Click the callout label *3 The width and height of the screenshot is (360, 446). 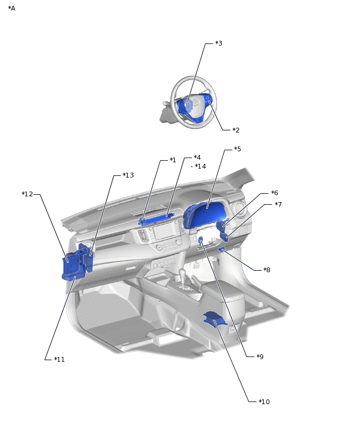(x=219, y=43)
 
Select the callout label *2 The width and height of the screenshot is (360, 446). (x=236, y=130)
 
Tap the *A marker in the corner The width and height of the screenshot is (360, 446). (x=12, y=8)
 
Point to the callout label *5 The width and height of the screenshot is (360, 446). (x=238, y=149)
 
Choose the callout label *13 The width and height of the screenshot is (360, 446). (x=128, y=175)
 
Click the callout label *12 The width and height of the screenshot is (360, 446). (x=27, y=194)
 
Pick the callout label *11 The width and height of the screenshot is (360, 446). (x=59, y=360)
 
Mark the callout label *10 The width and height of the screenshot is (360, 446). (x=264, y=402)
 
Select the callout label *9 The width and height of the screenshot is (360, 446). (x=260, y=357)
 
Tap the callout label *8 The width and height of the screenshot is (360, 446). (x=267, y=270)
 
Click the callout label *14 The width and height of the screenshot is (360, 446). (x=200, y=166)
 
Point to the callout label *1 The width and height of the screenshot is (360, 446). (x=173, y=160)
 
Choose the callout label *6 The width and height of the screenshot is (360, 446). (x=275, y=193)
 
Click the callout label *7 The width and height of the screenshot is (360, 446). (x=278, y=205)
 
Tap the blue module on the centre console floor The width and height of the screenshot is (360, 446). (x=214, y=318)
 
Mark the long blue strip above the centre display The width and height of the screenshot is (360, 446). (x=157, y=219)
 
